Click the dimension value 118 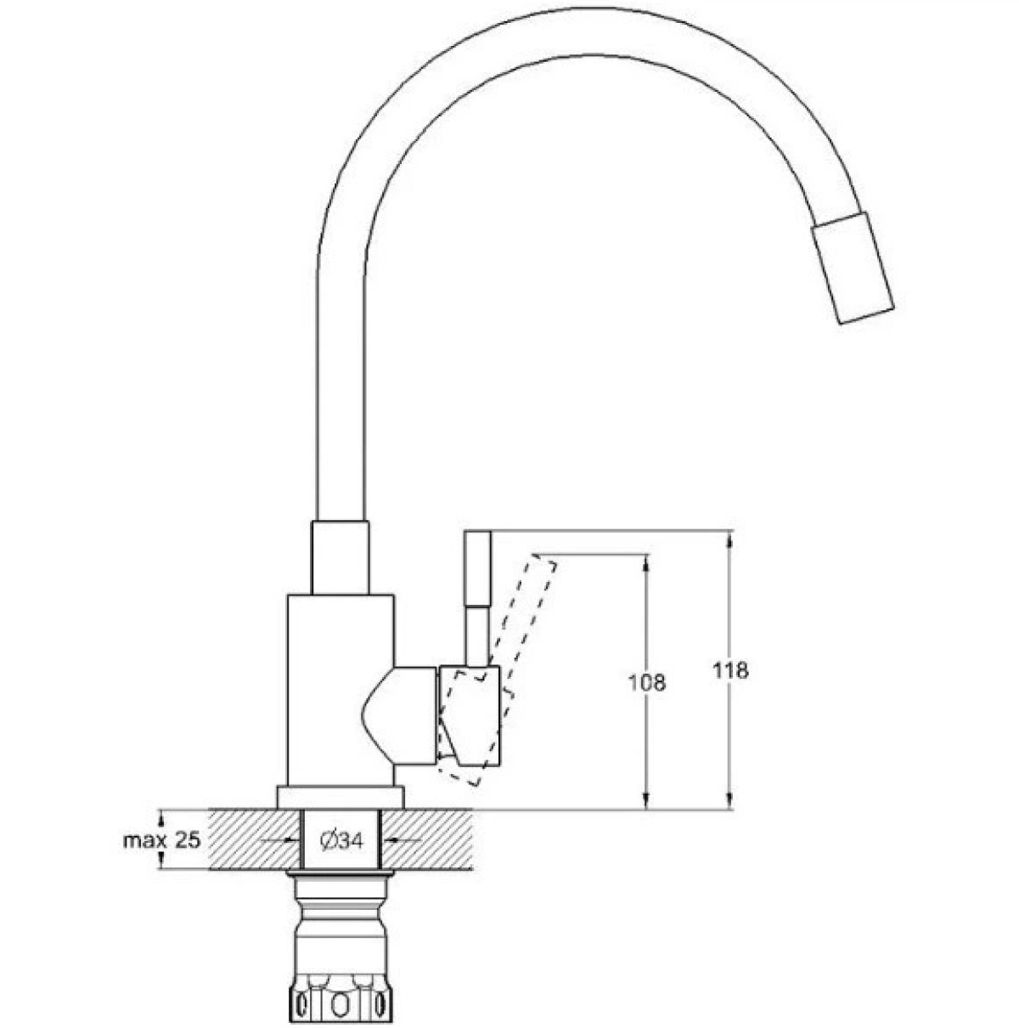click(x=730, y=670)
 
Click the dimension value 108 click(x=646, y=683)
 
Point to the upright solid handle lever click(x=476, y=599)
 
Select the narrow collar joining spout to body click(x=340, y=557)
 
